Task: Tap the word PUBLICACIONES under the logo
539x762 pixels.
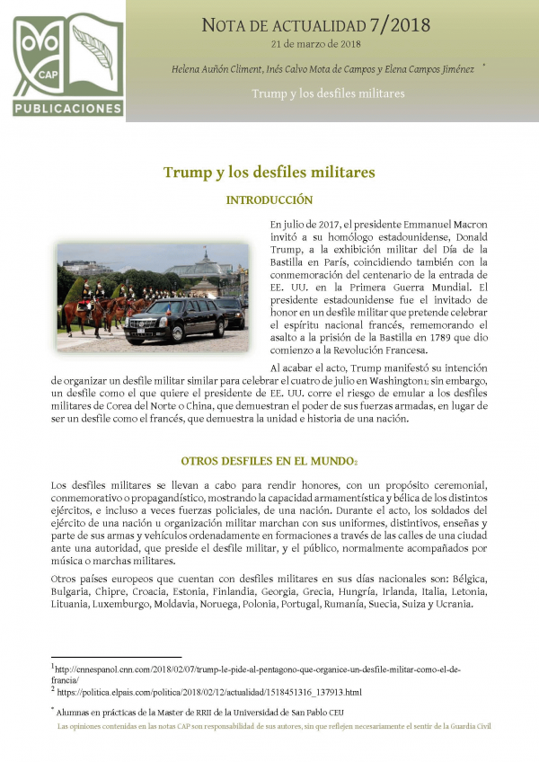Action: (x=68, y=109)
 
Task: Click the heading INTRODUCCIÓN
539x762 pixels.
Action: (x=269, y=200)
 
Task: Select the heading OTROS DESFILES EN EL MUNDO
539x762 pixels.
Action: (x=267, y=461)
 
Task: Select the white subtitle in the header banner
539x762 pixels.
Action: (x=328, y=93)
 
